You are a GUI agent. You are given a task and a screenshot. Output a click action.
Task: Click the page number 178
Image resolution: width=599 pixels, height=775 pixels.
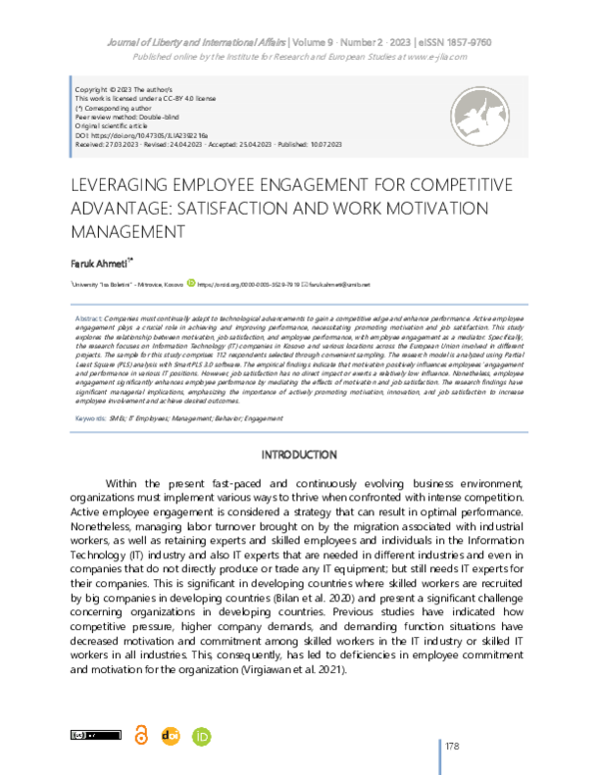point(452,746)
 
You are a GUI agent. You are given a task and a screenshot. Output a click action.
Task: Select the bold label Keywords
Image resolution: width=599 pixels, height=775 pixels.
point(94,417)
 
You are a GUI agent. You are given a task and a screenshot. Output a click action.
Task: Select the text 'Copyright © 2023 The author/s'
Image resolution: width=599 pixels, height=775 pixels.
point(117,90)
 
